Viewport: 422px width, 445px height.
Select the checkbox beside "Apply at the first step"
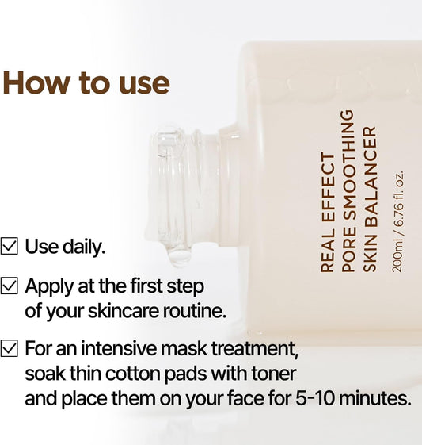[x=10, y=286]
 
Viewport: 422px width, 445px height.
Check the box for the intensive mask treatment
[x=10, y=347]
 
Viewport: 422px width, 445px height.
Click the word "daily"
[x=83, y=247]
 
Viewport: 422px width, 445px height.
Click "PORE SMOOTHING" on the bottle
[x=348, y=190]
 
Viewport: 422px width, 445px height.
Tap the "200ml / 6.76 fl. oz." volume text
[x=398, y=221]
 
